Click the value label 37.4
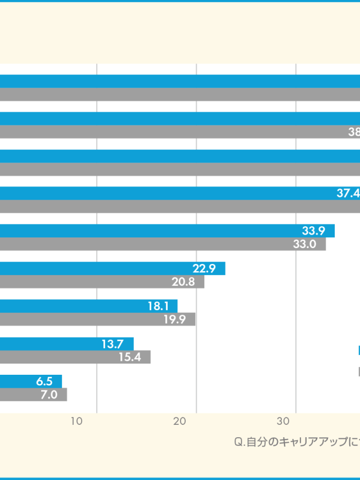(348, 193)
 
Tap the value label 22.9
(204, 268)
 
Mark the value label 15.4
(129, 357)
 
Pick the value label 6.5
(44, 382)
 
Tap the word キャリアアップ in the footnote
(318, 442)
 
